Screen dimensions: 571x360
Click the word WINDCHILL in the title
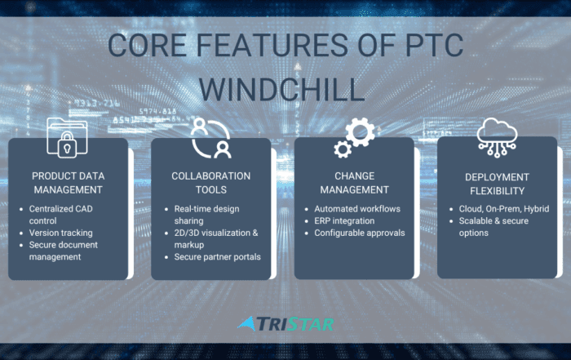click(282, 89)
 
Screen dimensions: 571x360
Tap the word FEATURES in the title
click(272, 45)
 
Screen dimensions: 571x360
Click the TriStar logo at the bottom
click(285, 324)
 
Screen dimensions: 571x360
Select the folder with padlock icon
click(68, 137)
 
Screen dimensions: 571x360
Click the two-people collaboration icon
click(210, 138)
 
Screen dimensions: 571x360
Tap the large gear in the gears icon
click(361, 131)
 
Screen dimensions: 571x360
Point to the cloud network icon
click(497, 137)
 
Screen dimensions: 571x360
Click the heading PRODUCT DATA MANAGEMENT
click(68, 183)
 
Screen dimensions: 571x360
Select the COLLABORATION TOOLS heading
click(210, 183)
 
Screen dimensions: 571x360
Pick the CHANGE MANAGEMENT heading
click(354, 183)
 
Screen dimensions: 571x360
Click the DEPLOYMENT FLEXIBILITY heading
click(497, 184)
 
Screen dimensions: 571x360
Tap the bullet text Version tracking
click(61, 233)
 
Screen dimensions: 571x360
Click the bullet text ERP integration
click(344, 220)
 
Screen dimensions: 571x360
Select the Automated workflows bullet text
click(357, 209)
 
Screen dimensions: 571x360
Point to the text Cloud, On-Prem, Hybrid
click(504, 209)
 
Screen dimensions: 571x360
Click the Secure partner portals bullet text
click(218, 257)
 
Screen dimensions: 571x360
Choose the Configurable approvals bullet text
click(360, 233)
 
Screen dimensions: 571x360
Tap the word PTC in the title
click(434, 45)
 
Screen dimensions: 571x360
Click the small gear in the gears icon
click(343, 149)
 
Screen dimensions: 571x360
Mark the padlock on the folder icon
click(67, 145)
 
